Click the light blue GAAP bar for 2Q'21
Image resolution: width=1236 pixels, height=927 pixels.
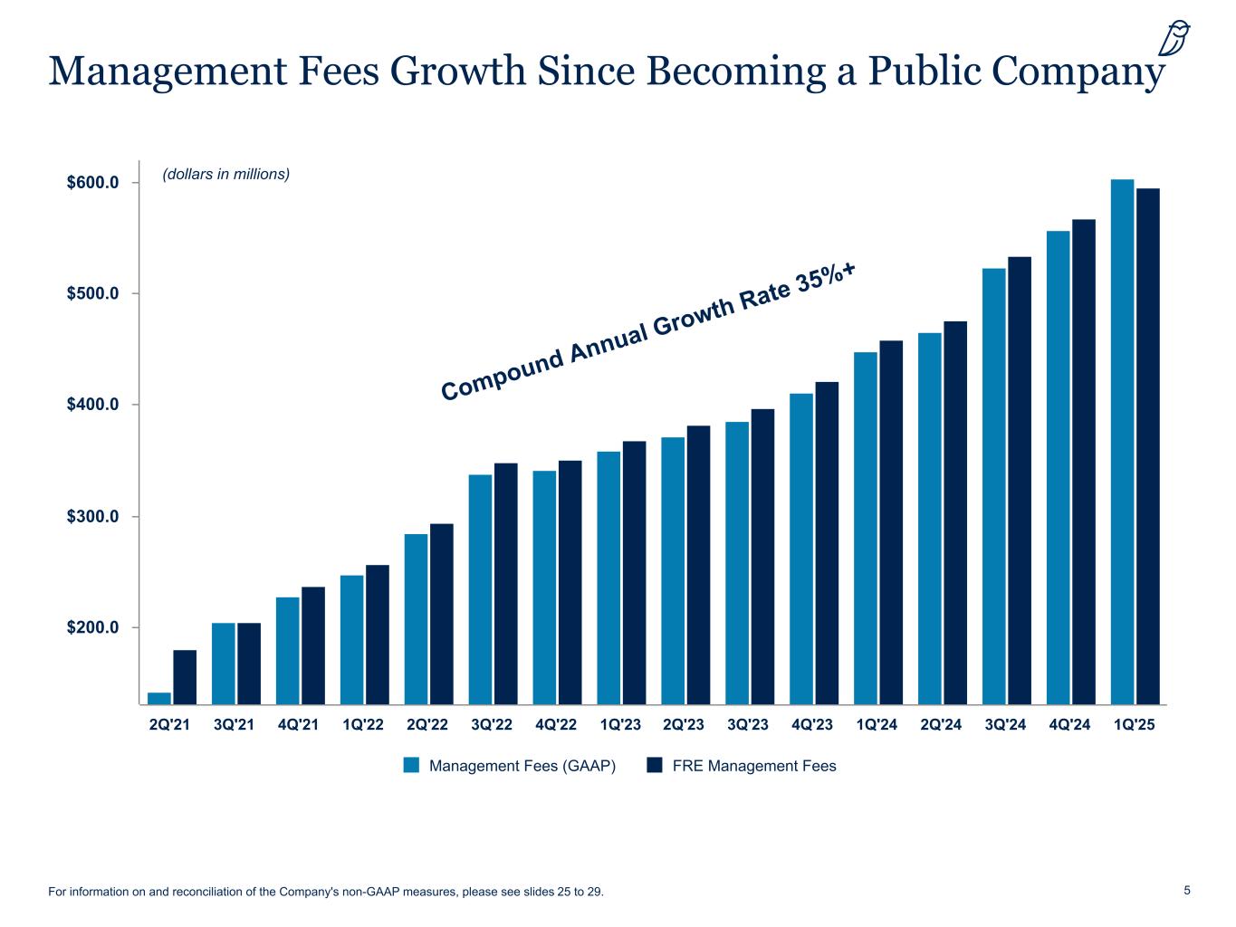pos(159,698)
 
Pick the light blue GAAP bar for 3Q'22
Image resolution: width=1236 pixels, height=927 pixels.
pos(480,588)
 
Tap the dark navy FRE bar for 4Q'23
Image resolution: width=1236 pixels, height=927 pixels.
pos(827,542)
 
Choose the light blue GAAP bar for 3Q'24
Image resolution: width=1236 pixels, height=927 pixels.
pos(993,485)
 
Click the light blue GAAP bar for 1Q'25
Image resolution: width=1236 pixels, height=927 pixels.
pos(1122,441)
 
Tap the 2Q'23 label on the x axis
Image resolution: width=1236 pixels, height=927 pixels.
pos(684,725)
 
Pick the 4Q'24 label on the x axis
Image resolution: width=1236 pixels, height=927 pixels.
pos(1069,725)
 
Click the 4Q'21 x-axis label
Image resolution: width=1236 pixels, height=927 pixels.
pos(299,725)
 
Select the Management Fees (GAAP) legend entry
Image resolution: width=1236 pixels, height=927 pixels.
pos(510,766)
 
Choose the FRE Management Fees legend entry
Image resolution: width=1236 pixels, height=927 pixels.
pos(742,766)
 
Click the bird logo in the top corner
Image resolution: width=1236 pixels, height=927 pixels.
pos(1174,40)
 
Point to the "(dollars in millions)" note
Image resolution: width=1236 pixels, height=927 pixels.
pos(225,174)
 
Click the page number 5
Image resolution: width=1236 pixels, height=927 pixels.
pos(1187,890)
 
